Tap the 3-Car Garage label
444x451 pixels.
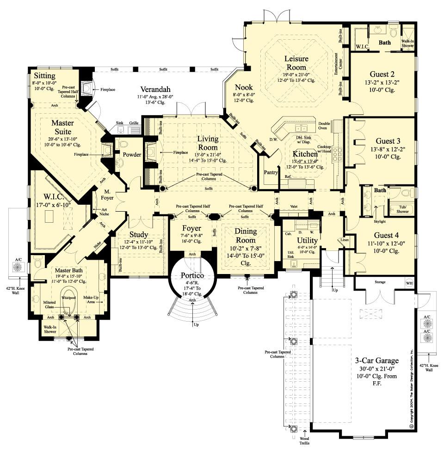coord(376,360)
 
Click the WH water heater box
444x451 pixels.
coord(408,283)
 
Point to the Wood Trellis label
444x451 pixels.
coord(304,440)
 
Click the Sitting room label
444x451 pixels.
coord(44,76)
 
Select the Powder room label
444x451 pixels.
coord(131,154)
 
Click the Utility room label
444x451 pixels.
coord(307,240)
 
